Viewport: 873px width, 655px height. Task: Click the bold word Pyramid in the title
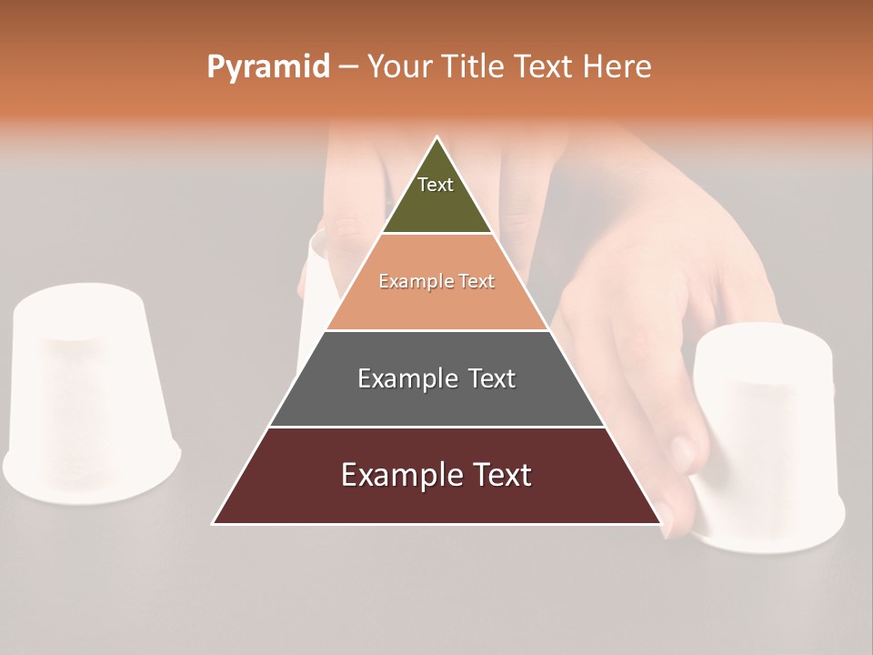pos(268,67)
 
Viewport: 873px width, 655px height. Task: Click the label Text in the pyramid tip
pos(436,185)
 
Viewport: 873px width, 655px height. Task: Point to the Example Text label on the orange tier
pos(436,281)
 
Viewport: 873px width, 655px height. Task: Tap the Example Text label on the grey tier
pos(436,378)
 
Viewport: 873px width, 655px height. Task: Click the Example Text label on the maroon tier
pos(436,475)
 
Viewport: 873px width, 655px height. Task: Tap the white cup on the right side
pos(768,437)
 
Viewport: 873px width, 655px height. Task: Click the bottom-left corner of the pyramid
pos(214,523)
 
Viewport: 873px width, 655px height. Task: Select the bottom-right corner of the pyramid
pos(660,523)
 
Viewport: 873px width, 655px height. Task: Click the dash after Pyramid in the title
pos(348,67)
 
